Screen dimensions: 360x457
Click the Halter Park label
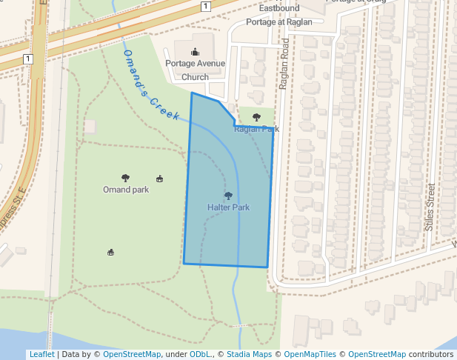point(228,207)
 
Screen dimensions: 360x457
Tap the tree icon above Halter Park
point(228,196)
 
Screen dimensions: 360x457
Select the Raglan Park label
point(256,129)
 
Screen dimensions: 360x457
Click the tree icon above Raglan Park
point(257,117)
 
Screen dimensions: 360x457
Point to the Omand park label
point(126,190)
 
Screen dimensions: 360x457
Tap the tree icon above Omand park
point(125,178)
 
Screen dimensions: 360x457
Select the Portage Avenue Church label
point(195,70)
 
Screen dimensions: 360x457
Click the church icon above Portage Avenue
point(195,52)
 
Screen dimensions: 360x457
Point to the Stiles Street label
point(430,207)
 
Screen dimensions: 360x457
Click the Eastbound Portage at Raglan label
point(279,15)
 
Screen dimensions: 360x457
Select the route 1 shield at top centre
point(205,6)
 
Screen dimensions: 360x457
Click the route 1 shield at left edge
point(27,58)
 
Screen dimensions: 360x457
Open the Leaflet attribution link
point(41,354)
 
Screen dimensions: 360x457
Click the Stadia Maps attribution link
point(251,354)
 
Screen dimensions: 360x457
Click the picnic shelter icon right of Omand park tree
point(159,179)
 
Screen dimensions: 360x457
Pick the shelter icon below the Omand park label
point(111,253)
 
